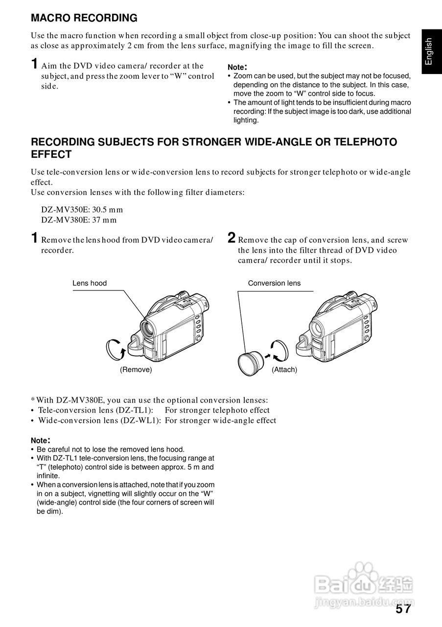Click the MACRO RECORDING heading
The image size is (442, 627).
point(84,19)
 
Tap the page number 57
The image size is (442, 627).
point(403,609)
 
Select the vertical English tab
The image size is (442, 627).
point(429,51)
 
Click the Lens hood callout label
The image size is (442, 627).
point(90,283)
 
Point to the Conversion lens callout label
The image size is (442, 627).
point(274,283)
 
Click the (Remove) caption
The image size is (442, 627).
point(136,370)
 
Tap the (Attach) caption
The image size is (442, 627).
point(284,370)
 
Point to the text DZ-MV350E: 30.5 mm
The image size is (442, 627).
point(82,210)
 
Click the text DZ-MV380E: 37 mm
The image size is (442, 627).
point(79,220)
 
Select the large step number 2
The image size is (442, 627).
point(232,238)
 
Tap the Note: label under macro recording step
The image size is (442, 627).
point(237,67)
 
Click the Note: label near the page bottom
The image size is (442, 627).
point(41,440)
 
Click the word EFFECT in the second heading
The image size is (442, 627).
point(51,155)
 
